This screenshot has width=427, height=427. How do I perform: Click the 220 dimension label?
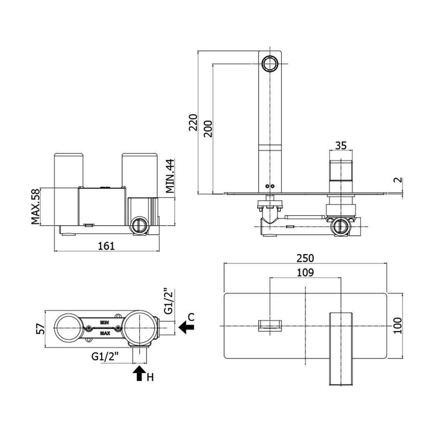point(193,122)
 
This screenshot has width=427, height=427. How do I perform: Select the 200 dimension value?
point(208,128)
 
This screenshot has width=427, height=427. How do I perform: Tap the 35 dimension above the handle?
point(341,146)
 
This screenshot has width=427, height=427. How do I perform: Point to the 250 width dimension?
point(305,259)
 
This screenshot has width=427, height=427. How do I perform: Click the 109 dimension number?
point(305,273)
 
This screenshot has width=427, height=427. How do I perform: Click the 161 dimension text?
point(106,246)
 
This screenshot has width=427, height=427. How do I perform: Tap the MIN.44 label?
point(170,176)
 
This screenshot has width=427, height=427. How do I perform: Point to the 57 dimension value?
point(40,329)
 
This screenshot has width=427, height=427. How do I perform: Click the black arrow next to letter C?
point(186,328)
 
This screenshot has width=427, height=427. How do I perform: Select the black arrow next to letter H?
point(139,372)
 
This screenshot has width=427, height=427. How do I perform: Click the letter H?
point(151,378)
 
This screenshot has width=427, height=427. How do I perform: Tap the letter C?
point(191,317)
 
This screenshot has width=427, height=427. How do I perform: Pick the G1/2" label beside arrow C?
point(168,301)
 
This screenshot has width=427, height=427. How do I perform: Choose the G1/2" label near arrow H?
point(105,357)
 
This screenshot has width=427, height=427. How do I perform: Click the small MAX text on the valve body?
point(105,334)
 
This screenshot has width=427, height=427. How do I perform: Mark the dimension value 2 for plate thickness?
point(399,180)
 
